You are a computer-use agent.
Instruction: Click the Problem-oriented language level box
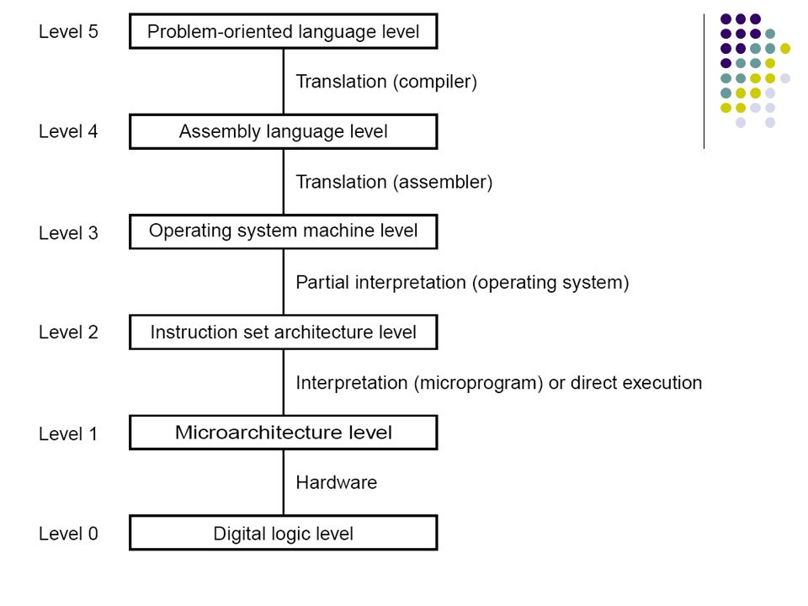(x=284, y=31)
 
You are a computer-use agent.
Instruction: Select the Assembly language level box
(x=284, y=131)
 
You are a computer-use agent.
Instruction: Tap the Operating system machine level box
(x=284, y=231)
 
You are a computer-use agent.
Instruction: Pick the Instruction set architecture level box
(x=284, y=332)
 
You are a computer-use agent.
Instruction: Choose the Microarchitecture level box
(x=284, y=433)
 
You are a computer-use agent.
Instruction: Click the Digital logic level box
(x=284, y=533)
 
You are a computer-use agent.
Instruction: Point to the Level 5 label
(x=68, y=31)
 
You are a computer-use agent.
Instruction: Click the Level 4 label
(x=68, y=131)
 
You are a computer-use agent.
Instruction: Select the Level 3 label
(x=68, y=233)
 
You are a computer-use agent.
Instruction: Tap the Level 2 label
(x=68, y=332)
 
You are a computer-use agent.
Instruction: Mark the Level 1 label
(x=68, y=434)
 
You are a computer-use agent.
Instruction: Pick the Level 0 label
(x=68, y=534)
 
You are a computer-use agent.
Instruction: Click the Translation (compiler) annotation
(x=386, y=82)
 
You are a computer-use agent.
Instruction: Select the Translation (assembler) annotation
(x=394, y=183)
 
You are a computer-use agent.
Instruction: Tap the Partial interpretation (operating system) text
(x=462, y=283)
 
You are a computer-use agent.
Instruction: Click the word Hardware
(x=337, y=482)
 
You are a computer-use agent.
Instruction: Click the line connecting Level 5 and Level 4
(x=284, y=82)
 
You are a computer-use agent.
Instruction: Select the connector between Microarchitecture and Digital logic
(x=284, y=482)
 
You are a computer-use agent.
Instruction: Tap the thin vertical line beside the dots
(x=704, y=82)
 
